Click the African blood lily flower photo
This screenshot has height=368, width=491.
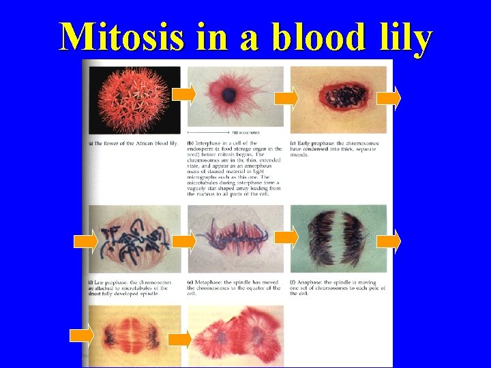(135, 99)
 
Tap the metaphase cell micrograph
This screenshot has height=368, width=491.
(235, 239)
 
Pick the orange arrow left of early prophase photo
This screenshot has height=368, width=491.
(286, 98)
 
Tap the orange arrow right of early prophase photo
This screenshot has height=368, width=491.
(388, 98)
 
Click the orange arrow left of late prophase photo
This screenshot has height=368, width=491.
(85, 241)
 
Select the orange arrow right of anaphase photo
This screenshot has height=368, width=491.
(388, 241)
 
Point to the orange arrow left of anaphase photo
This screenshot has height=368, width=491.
(286, 236)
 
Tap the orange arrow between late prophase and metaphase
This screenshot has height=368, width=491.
(183, 240)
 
